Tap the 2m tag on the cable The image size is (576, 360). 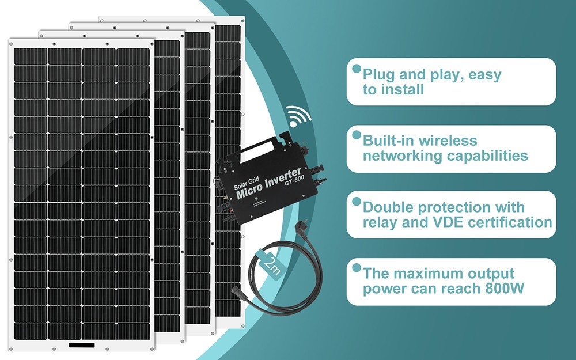(x=271, y=264)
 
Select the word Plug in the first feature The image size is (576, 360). (x=378, y=75)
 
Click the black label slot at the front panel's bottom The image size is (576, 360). (x=82, y=346)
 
